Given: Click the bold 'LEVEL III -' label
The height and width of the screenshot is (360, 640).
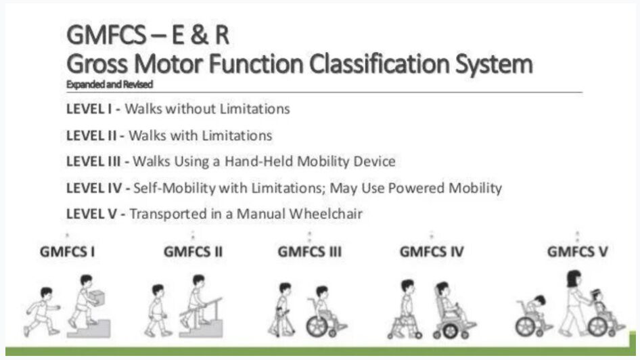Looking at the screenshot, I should [x=97, y=162].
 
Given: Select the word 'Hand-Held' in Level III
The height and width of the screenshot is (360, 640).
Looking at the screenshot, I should [x=263, y=162].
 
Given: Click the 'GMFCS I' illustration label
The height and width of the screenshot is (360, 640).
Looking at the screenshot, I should [x=67, y=252].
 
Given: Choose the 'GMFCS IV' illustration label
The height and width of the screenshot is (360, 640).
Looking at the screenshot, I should [x=432, y=252].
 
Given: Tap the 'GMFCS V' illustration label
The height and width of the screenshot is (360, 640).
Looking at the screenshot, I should [x=577, y=252].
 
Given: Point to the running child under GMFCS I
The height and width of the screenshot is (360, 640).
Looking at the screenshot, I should [x=41, y=310].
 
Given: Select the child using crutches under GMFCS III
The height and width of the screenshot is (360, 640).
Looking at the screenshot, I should [x=283, y=309].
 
